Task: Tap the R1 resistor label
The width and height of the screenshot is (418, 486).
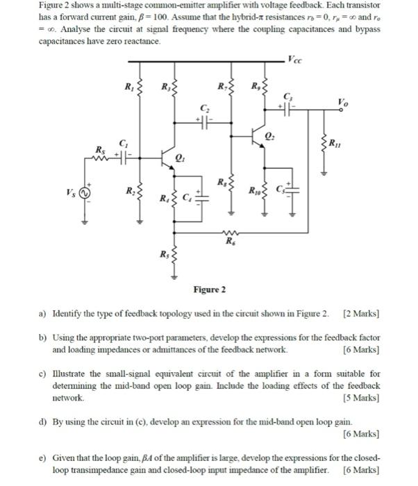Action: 127,87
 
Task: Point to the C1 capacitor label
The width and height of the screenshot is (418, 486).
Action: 124,142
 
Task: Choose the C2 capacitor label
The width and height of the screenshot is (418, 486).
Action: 204,108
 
